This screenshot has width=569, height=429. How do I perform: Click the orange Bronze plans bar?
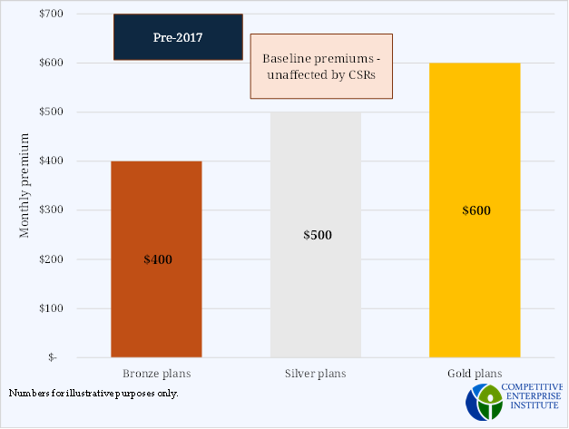point(156,218)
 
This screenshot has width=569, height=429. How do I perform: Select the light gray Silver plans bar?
point(316,181)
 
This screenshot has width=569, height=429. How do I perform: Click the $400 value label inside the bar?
point(158,259)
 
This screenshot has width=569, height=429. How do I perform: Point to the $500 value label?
point(318,235)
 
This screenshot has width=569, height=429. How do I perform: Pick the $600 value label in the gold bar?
point(476,210)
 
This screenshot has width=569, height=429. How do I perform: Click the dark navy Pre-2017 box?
point(178,38)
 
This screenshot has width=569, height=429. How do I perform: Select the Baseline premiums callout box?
point(320,66)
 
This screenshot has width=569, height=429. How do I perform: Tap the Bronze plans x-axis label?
point(156,373)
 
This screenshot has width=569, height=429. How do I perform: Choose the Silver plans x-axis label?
point(316,373)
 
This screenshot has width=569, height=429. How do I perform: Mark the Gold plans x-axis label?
point(476,373)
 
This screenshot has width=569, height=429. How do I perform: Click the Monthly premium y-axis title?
point(25,186)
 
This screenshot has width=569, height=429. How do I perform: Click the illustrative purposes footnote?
point(93,393)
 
